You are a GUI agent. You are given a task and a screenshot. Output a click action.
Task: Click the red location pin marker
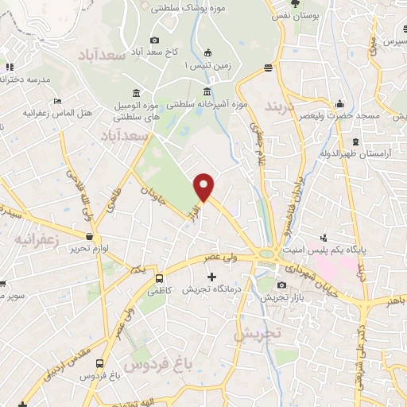pos(204,186)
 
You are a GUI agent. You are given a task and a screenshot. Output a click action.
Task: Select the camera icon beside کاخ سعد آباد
pos(154,41)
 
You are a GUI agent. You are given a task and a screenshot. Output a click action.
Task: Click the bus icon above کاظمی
pos(160,279)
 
